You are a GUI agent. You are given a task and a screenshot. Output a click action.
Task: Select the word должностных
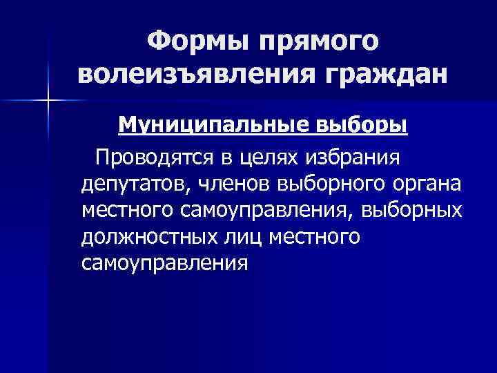(x=146, y=236)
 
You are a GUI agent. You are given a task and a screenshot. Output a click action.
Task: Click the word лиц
(x=240, y=236)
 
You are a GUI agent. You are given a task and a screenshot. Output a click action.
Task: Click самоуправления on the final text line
(x=164, y=263)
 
